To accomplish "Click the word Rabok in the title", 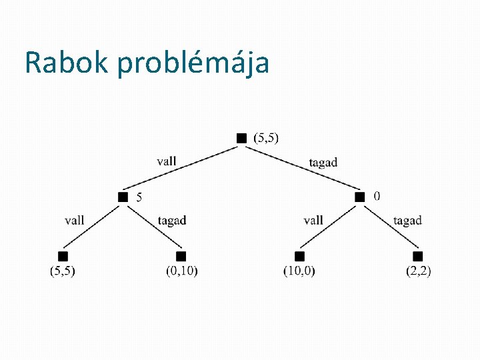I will (67, 63).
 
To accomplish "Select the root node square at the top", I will (241, 138).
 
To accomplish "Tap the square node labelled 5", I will (123, 197).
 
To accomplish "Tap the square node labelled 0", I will (360, 197).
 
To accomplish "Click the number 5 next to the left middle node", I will (139, 197).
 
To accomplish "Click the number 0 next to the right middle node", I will (377, 196).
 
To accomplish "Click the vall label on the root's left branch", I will (167, 161).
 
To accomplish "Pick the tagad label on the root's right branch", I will (323, 162).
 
